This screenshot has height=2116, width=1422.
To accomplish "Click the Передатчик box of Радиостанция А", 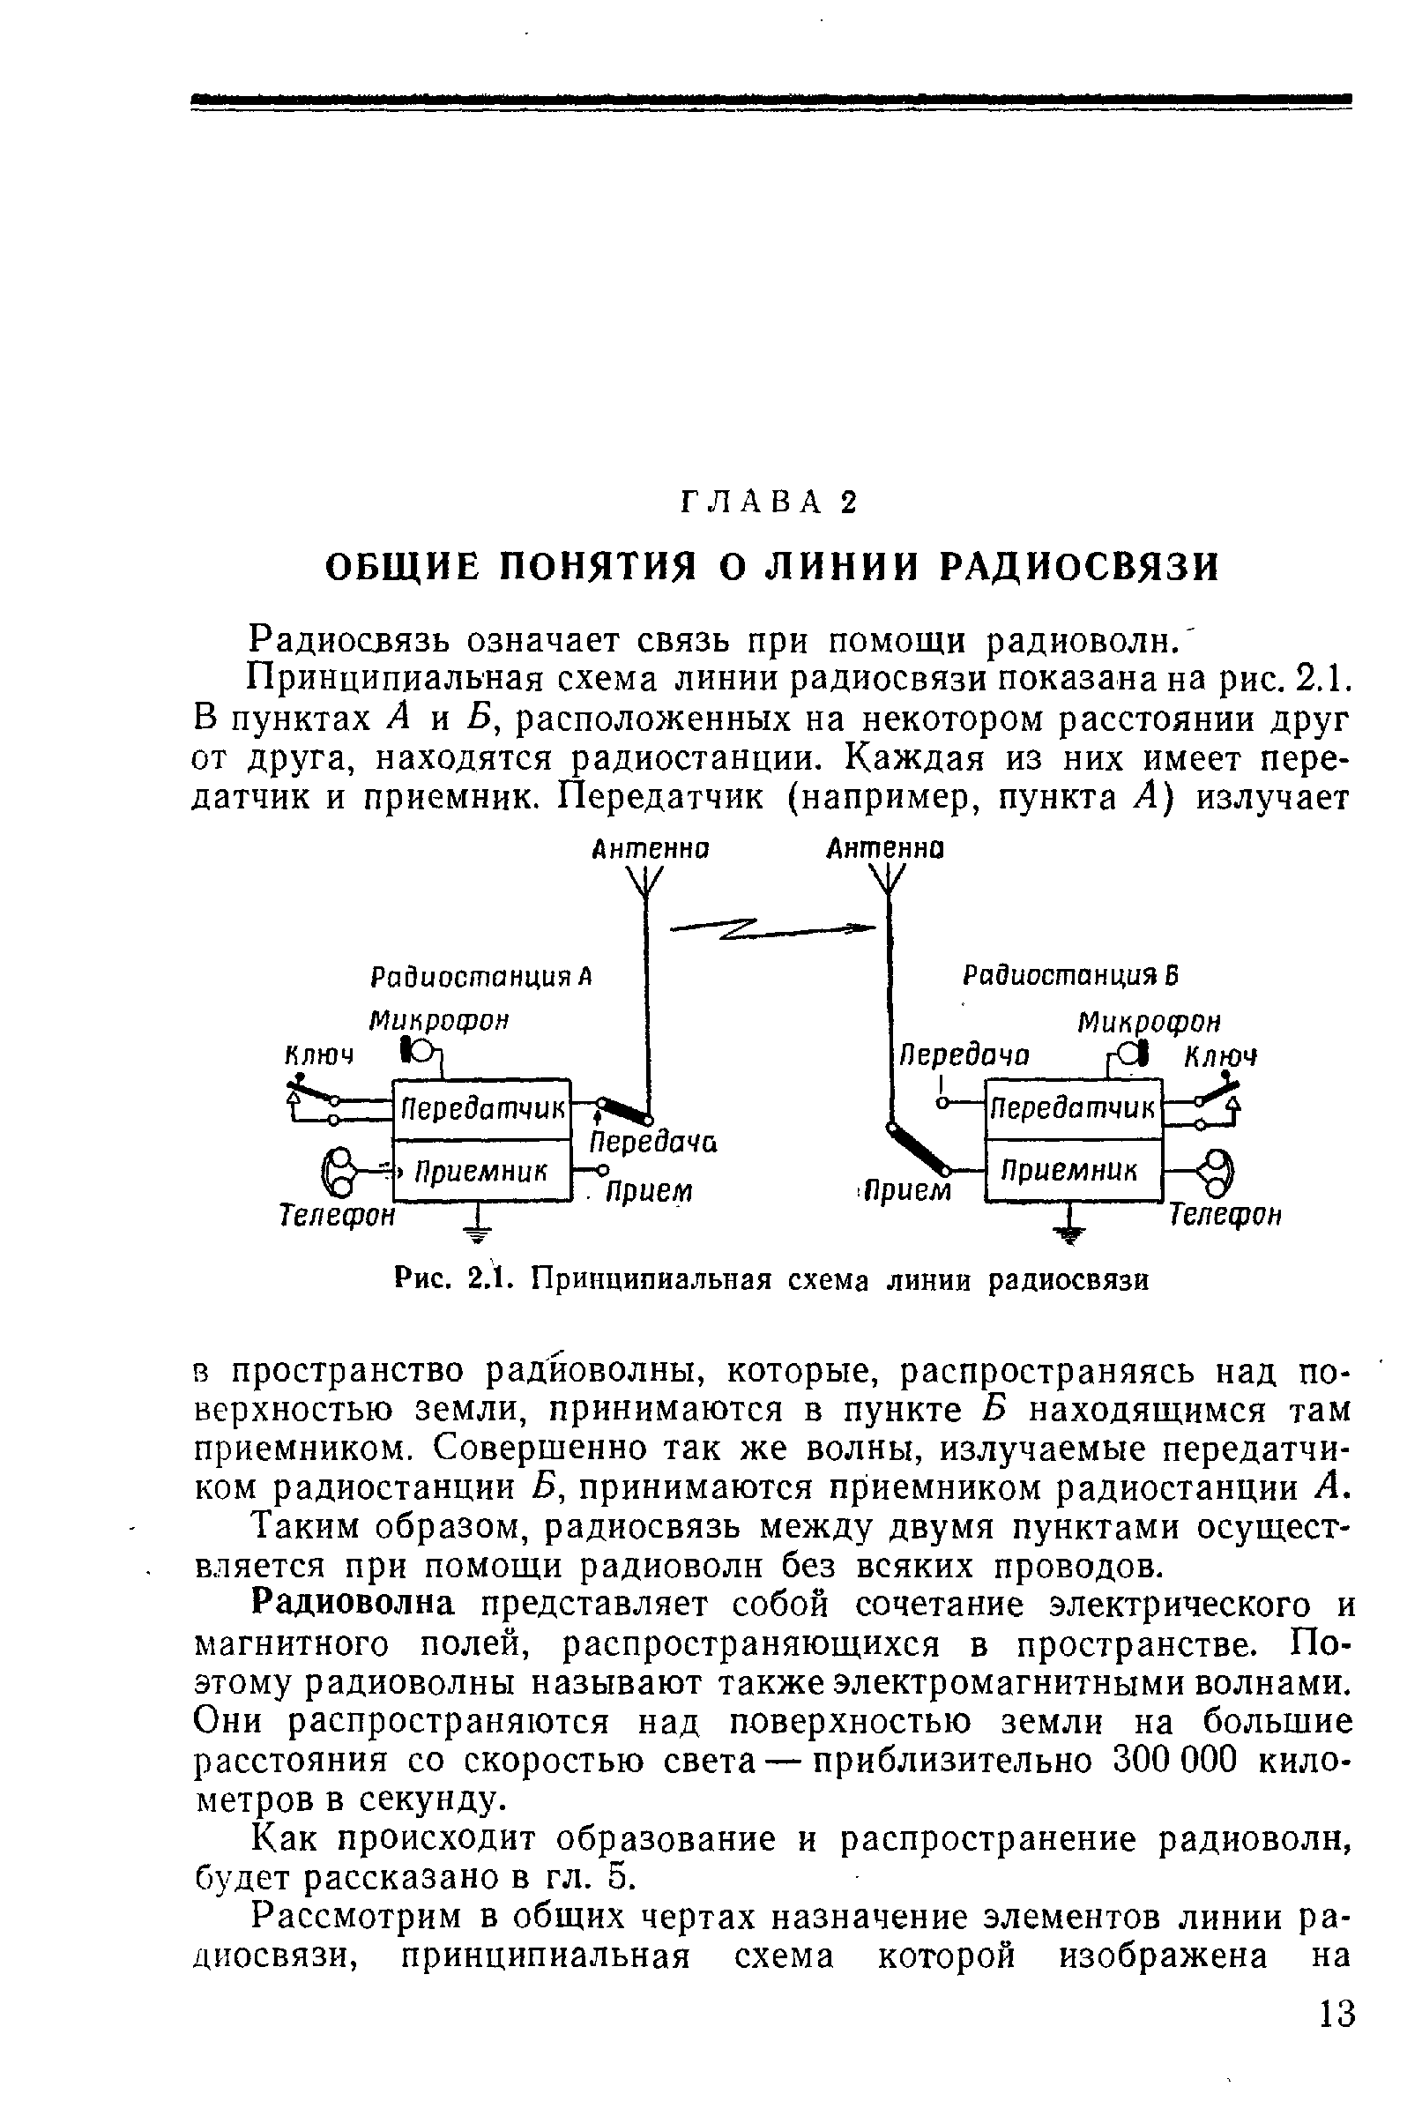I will (480, 1107).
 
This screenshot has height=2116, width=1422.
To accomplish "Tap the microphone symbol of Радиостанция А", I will (418, 1051).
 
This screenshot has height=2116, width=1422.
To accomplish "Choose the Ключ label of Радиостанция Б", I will (1221, 1056).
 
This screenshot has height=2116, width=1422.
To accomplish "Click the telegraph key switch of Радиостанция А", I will (314, 1098).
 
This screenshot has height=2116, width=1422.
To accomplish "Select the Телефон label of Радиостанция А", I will (337, 1214).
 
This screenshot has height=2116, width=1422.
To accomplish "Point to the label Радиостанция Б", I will (1070, 976).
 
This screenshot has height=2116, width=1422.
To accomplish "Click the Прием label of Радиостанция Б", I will (907, 1189).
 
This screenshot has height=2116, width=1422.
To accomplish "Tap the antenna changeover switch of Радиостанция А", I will (626, 1109).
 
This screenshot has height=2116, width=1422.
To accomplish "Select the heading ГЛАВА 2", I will (767, 502).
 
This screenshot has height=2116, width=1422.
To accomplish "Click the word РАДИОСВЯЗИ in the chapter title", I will (1079, 567).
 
